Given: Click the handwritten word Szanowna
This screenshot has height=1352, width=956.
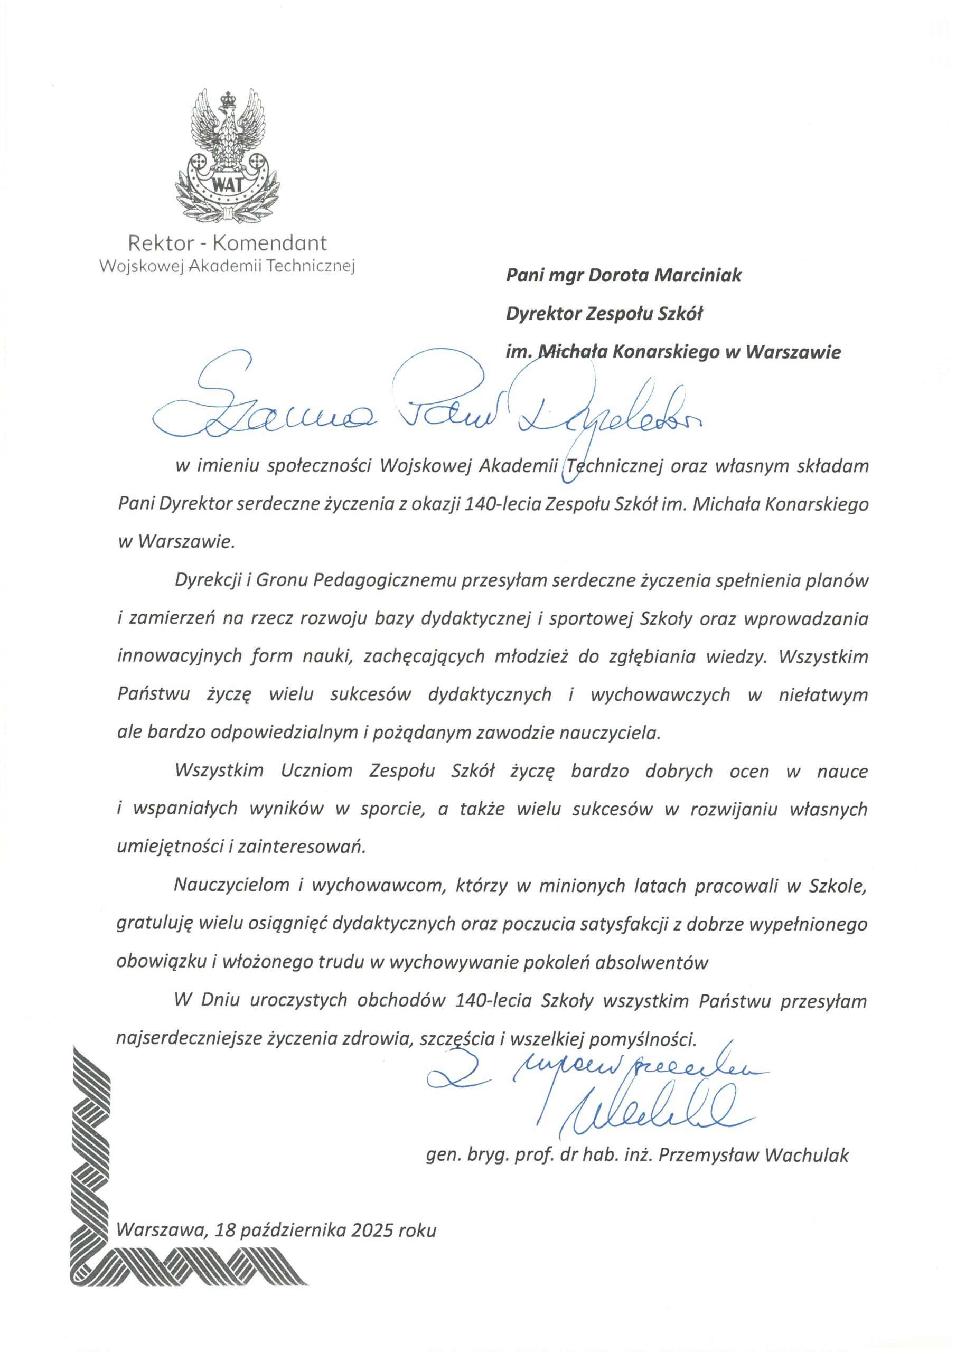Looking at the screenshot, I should tap(259, 412).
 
